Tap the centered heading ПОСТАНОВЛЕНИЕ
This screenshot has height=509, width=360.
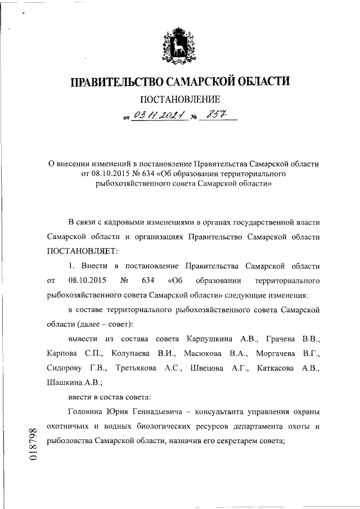point(180,101)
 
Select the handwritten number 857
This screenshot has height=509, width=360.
point(214,116)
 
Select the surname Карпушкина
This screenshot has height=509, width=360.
point(204,339)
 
